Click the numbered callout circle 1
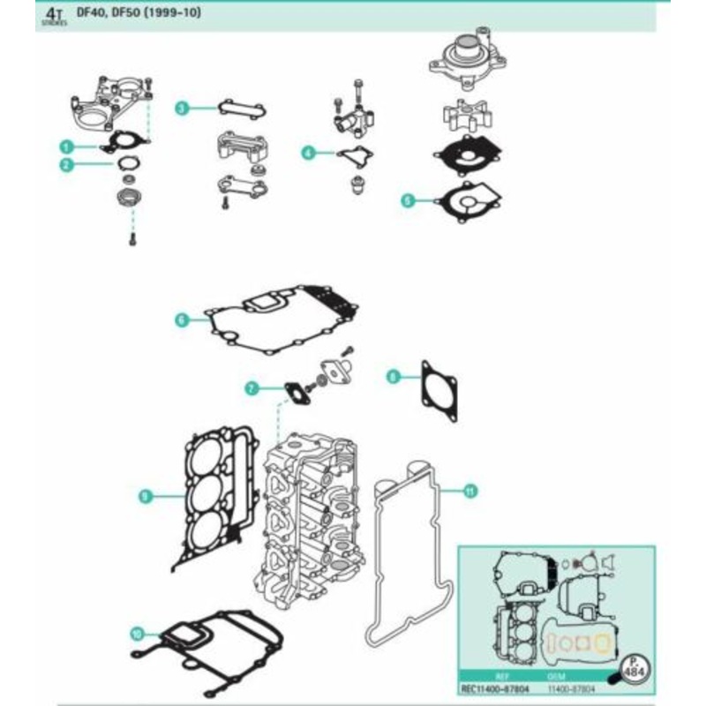pyautogui.click(x=65, y=146)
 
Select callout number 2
pyautogui.click(x=65, y=164)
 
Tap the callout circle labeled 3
pyautogui.click(x=182, y=109)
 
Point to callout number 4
pyautogui.click(x=308, y=153)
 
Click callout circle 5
pyautogui.click(x=407, y=200)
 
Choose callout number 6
pyautogui.click(x=181, y=319)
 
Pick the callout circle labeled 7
pyautogui.click(x=252, y=387)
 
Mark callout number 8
pyautogui.click(x=393, y=378)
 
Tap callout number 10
pyautogui.click(x=136, y=632)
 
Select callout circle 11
pyautogui.click(x=469, y=492)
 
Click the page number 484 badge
pyautogui.click(x=633, y=668)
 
